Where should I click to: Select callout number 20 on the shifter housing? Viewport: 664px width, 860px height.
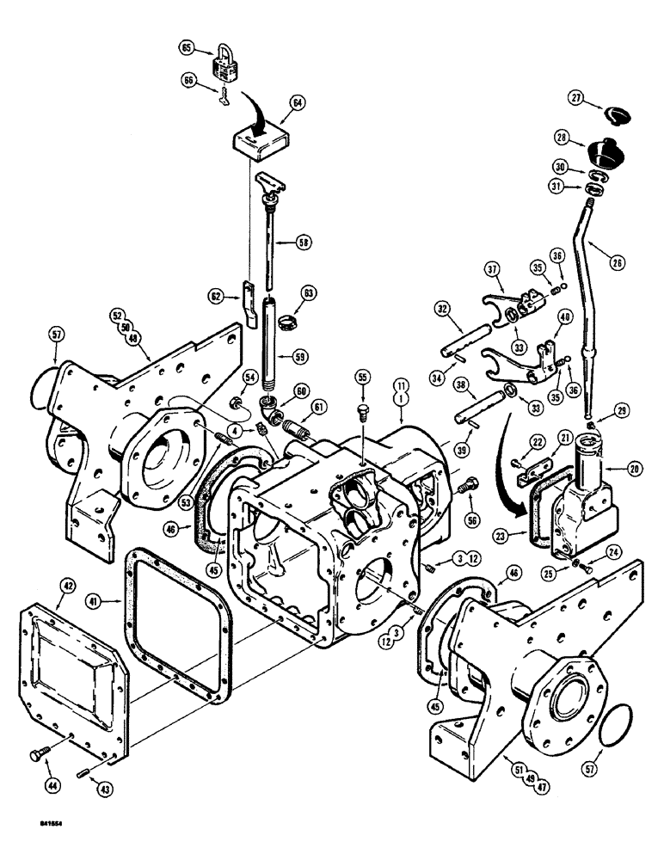(x=634, y=469)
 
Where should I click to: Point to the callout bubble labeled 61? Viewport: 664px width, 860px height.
(x=320, y=407)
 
